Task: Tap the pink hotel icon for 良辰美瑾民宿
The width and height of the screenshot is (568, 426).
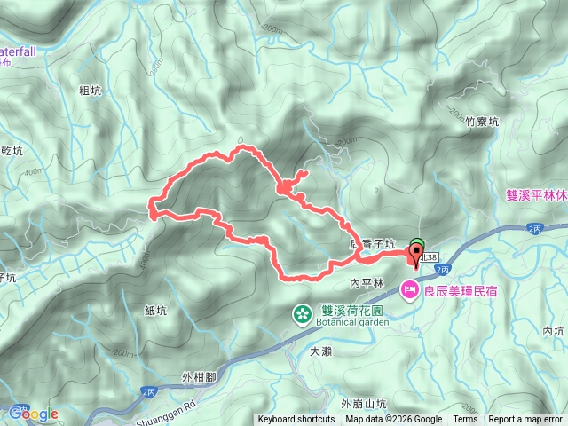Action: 409,288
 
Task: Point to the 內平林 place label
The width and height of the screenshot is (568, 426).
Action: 366,283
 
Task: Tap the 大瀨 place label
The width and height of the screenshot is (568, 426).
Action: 320,351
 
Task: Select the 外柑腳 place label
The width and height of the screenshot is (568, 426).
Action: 198,377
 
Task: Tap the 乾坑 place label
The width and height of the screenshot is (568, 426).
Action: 12,151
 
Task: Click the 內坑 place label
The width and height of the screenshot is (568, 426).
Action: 553,330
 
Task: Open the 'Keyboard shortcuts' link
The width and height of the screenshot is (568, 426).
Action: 297,420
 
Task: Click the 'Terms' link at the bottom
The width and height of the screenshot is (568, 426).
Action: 465,420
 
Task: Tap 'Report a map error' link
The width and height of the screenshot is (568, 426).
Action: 525,420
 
